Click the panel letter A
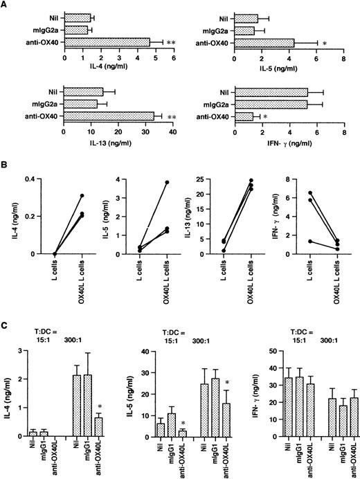coord(5,5)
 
